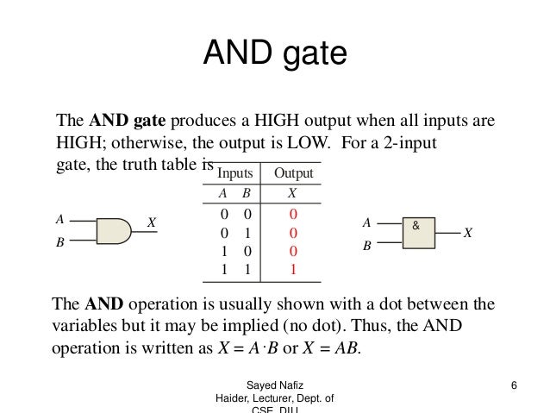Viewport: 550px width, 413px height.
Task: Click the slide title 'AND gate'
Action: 274,56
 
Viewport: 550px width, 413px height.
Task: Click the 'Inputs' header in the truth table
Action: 234,174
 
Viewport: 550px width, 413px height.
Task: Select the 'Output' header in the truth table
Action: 292,174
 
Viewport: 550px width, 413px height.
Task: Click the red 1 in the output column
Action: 292,270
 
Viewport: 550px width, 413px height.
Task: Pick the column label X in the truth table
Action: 292,195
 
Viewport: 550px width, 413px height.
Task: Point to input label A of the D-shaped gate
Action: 59,219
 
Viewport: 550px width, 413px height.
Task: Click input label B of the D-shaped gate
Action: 59,243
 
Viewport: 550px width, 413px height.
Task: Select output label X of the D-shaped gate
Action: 151,222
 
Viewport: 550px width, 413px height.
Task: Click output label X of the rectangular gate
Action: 467,234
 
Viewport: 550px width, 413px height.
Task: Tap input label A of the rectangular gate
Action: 366,222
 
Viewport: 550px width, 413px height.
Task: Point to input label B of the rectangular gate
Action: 366,245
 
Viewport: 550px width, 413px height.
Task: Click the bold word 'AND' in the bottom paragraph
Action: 103,305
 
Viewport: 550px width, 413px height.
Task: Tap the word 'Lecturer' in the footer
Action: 270,397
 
